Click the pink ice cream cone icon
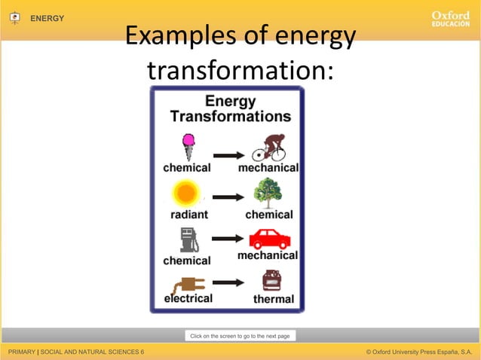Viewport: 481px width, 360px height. (x=188, y=146)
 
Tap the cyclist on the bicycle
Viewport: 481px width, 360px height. (x=268, y=148)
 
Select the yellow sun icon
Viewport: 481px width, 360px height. (x=186, y=194)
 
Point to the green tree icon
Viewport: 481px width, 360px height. (x=268, y=193)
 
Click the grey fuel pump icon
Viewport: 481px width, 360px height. (x=187, y=239)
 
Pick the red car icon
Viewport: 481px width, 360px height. (x=269, y=239)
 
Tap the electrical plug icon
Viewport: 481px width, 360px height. (x=188, y=284)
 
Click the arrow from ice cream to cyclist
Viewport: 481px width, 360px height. (x=228, y=156)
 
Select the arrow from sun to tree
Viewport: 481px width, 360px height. (x=228, y=197)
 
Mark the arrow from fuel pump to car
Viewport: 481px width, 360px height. (x=228, y=239)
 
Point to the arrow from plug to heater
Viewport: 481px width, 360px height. (x=228, y=283)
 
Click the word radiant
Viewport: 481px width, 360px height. (x=188, y=215)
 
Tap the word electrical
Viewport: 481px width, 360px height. (x=188, y=298)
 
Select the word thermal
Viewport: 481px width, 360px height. (x=274, y=299)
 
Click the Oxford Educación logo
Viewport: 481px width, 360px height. (x=451, y=19)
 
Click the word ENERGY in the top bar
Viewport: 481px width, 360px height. (x=47, y=18)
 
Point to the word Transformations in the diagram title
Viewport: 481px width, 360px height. (x=230, y=117)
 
